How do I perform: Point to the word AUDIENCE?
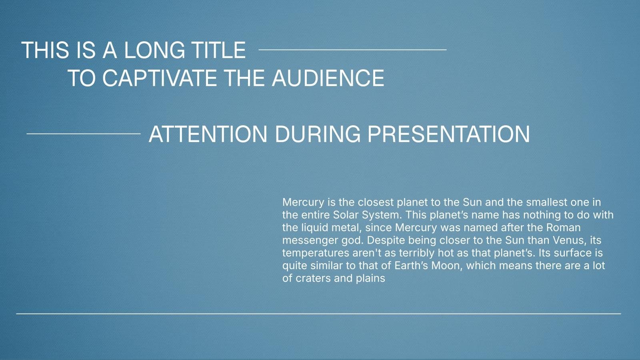click(x=328, y=78)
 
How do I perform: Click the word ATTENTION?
click(x=208, y=134)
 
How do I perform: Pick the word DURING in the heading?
click(x=318, y=134)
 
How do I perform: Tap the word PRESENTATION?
click(x=448, y=134)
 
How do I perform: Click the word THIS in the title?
click(x=45, y=50)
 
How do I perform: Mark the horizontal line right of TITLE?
click(x=352, y=50)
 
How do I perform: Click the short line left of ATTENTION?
click(x=84, y=134)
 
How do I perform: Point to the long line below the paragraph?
click(x=318, y=314)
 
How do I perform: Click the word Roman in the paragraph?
click(x=564, y=228)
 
